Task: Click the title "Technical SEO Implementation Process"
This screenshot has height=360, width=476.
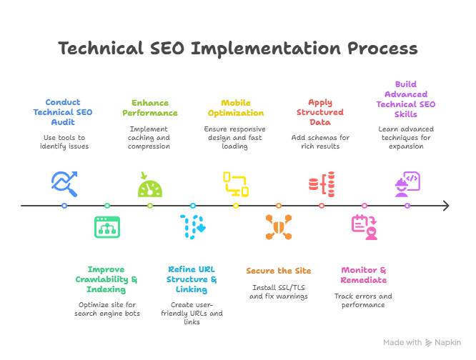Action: tap(237, 49)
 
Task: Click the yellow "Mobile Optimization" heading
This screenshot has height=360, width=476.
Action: tap(236, 108)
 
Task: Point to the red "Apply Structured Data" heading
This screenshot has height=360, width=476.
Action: tap(321, 112)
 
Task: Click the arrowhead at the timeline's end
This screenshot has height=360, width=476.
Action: tap(445, 206)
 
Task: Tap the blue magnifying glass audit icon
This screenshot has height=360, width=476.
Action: tap(64, 184)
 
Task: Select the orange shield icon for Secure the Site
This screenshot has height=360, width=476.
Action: tap(279, 226)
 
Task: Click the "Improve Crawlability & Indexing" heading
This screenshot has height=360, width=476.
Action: tap(107, 279)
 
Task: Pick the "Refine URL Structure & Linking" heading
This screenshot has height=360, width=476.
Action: tap(192, 279)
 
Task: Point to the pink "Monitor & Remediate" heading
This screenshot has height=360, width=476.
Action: tap(364, 275)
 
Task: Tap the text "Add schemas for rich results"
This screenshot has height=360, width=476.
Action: tap(321, 141)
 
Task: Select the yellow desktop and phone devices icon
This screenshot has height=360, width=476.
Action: tap(236, 184)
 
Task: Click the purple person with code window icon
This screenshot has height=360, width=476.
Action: tap(407, 184)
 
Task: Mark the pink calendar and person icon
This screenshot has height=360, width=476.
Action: tap(364, 226)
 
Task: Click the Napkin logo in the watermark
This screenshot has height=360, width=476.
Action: tap(429, 342)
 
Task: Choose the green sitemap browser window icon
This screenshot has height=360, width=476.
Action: tap(107, 226)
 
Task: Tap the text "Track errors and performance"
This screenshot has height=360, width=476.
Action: tap(364, 300)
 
